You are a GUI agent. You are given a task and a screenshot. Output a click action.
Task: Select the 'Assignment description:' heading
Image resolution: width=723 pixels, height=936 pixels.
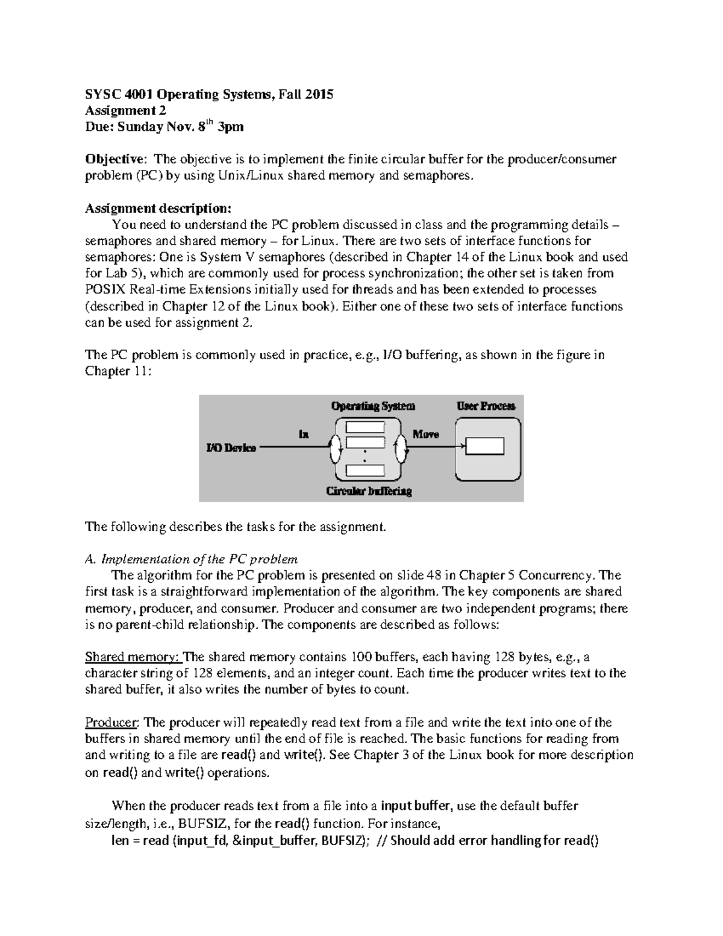point(158,209)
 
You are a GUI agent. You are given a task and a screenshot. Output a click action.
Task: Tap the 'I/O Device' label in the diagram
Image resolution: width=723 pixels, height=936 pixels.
point(231,448)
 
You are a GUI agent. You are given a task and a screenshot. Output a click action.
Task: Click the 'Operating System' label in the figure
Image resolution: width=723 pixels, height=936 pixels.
point(373,406)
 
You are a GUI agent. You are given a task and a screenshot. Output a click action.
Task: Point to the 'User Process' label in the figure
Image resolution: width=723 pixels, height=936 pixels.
point(486,406)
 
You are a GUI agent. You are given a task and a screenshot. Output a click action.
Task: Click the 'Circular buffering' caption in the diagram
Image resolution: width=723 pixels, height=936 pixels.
point(369,491)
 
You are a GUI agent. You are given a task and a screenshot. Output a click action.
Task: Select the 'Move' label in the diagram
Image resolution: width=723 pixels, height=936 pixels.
point(425,434)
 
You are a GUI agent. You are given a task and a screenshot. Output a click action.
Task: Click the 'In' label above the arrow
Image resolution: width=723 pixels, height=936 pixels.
point(304,434)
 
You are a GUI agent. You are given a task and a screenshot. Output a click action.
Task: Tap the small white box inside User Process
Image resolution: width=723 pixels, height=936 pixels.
point(486,447)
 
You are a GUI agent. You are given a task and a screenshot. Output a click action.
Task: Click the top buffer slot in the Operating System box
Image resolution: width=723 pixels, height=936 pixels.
point(365,427)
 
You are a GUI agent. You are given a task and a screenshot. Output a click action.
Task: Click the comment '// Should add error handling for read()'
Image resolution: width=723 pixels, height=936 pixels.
point(487,840)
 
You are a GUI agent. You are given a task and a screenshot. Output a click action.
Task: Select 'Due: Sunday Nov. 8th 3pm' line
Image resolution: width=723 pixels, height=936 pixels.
point(164,127)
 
